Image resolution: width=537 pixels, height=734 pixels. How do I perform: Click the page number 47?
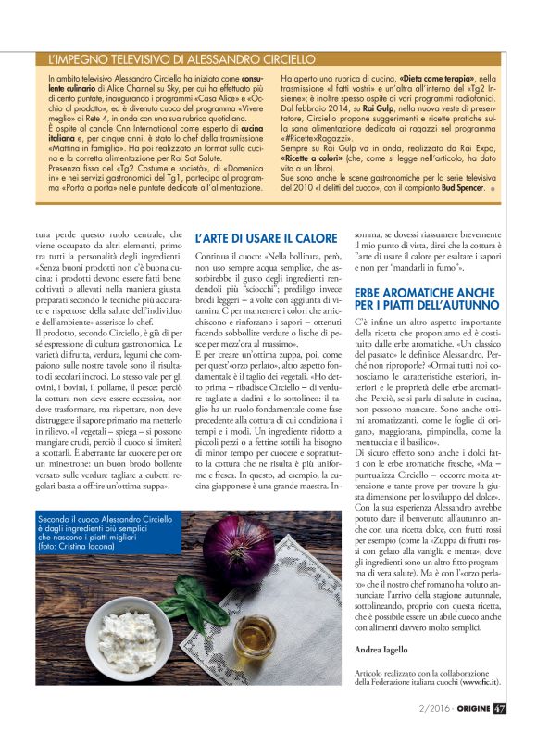(x=500, y=709)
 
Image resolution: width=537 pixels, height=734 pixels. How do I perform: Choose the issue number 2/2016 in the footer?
(x=425, y=709)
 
